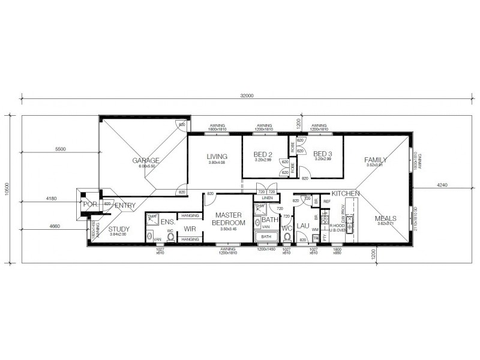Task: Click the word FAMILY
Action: pos(375,160)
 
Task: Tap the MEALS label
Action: pos(385,218)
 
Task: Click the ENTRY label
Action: pos(125,206)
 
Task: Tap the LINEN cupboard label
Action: pos(267,198)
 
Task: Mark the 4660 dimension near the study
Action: pos(56,226)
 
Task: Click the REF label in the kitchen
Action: pos(327,202)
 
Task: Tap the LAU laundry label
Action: pos(302,226)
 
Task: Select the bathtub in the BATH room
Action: pos(266,236)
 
